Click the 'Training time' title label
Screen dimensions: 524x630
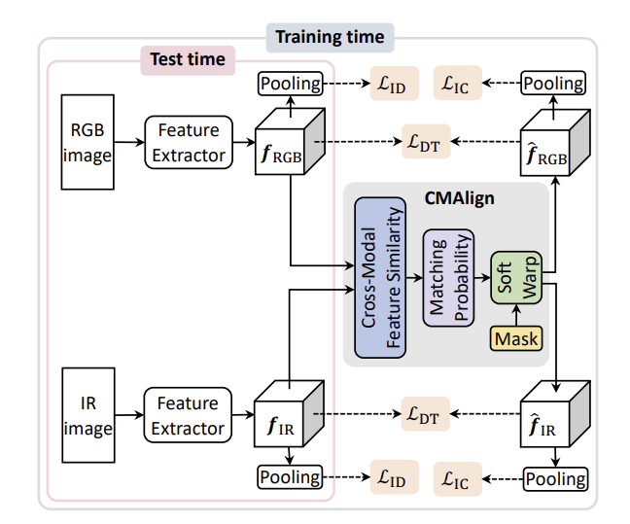330,38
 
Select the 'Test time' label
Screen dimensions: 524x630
188,60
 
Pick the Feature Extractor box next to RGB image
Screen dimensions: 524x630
189,142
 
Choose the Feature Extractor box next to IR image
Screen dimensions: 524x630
189,415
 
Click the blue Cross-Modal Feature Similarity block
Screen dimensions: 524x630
379,276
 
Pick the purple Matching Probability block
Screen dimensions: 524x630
448,278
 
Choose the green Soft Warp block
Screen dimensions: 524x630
515,279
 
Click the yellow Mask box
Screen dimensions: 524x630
515,338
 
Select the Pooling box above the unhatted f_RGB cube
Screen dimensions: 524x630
290,84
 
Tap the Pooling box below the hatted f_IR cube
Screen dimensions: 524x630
554,478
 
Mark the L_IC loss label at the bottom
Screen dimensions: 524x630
460,478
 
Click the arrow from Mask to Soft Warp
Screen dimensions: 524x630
515,315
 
